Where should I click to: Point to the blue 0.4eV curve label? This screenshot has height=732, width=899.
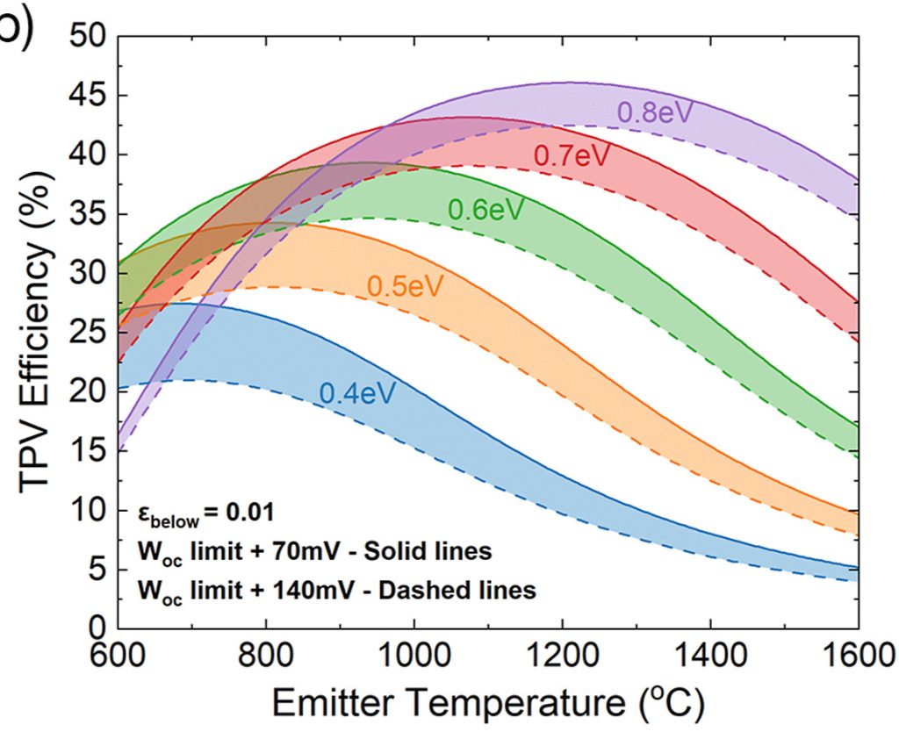[356, 393]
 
